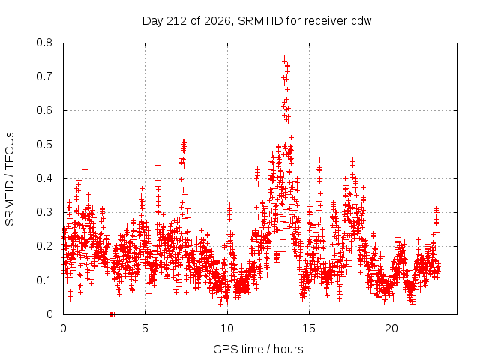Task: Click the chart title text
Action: coord(258,21)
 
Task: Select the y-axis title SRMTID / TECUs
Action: coord(10,179)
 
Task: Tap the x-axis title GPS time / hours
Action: coord(258,349)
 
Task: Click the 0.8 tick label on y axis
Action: coord(44,43)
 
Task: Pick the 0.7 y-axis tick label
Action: coord(44,76)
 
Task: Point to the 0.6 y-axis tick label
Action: coord(44,110)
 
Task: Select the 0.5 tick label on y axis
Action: coord(44,145)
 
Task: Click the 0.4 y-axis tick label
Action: coord(44,178)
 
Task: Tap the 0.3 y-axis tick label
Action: coord(44,212)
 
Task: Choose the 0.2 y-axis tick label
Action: coord(44,246)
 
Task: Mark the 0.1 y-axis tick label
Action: coord(44,280)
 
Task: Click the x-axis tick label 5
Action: coord(145,328)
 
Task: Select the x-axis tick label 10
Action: coord(227,328)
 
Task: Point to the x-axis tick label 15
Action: coord(309,328)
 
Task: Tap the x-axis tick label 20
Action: coord(391,328)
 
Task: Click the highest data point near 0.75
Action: coord(284,58)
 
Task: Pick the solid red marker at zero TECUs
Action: coord(112,314)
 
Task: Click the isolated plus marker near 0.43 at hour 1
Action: coord(85,169)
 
